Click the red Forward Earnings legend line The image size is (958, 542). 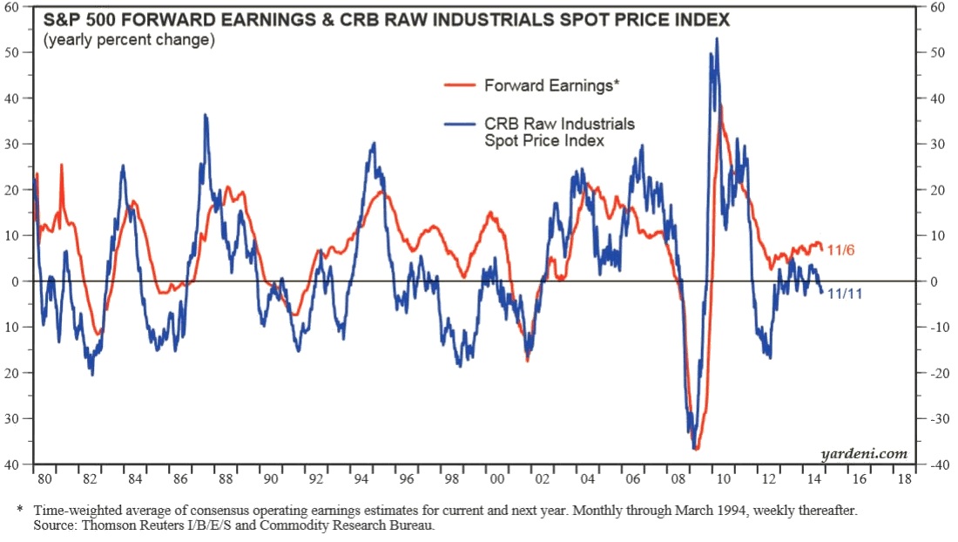pyautogui.click(x=462, y=85)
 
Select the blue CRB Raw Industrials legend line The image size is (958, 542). pyautogui.click(x=462, y=125)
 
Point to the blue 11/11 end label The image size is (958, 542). pyautogui.click(x=846, y=295)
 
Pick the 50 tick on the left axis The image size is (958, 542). pyautogui.click(x=15, y=52)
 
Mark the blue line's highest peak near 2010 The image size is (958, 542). pyautogui.click(x=717, y=38)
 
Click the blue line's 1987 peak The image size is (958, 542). pyautogui.click(x=206, y=115)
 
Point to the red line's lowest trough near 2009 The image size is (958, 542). pyautogui.click(x=697, y=449)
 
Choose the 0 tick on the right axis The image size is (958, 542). pyautogui.click(x=933, y=281)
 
